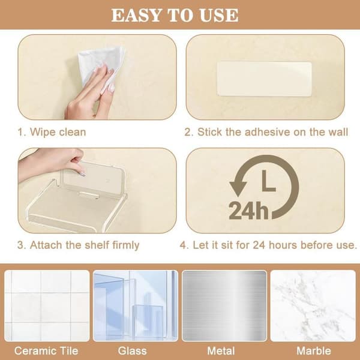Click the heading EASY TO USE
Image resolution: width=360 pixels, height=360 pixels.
pyautogui.click(x=175, y=16)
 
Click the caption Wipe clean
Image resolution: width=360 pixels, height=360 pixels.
pyautogui.click(x=58, y=132)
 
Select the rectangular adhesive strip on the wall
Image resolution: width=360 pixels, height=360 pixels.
pyautogui.click(x=264, y=79)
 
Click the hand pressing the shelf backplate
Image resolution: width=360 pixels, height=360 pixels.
pyautogui.click(x=53, y=163)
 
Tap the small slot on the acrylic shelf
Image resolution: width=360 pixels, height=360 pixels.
pyautogui.click(x=89, y=195)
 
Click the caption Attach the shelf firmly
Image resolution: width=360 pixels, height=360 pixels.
pyautogui.click(x=85, y=245)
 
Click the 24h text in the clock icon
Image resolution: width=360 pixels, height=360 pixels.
pyautogui.click(x=248, y=211)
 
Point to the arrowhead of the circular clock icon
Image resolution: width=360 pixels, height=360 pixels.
pyautogui.click(x=238, y=188)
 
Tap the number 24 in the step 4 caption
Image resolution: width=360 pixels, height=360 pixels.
pyautogui.click(x=259, y=245)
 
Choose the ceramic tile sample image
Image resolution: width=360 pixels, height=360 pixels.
pyautogui.click(x=47, y=305)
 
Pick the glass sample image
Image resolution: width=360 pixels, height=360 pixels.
pyautogui.click(x=136, y=305)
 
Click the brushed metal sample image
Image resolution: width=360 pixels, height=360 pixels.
pyautogui.click(x=224, y=305)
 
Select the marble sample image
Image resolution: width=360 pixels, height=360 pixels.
pyautogui.click(x=313, y=305)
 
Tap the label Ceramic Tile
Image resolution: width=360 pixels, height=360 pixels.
pyautogui.click(x=46, y=351)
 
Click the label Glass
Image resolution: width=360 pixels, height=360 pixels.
pyautogui.click(x=132, y=351)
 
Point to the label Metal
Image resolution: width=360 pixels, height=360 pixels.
pyautogui.click(x=221, y=351)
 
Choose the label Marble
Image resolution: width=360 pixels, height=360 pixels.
pyautogui.click(x=314, y=351)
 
